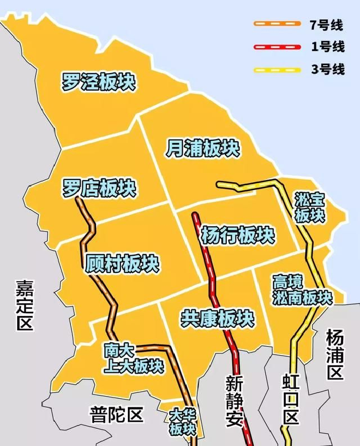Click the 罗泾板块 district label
pyautogui.click(x=98, y=82)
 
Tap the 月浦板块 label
pyautogui.click(x=202, y=148)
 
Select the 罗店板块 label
pyautogui.click(x=99, y=188)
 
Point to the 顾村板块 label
pyautogui.click(x=123, y=264)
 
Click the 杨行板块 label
pyautogui.click(x=237, y=235)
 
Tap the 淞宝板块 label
pyautogui.click(x=310, y=207)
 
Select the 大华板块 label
pyautogui.click(x=183, y=422)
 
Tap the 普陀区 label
pyautogui.click(x=116, y=415)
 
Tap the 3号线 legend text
pyautogui.click(x=327, y=69)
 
